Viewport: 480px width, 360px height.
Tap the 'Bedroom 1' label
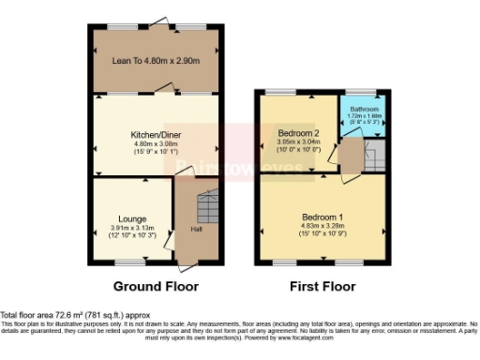point(323,217)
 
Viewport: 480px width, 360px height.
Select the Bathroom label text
point(364,110)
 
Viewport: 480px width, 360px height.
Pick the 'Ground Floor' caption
point(155,284)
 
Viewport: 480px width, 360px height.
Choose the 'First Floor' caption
point(323,284)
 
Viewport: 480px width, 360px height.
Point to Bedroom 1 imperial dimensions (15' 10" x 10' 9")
point(323,233)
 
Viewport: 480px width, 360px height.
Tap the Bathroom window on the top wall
point(363,92)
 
